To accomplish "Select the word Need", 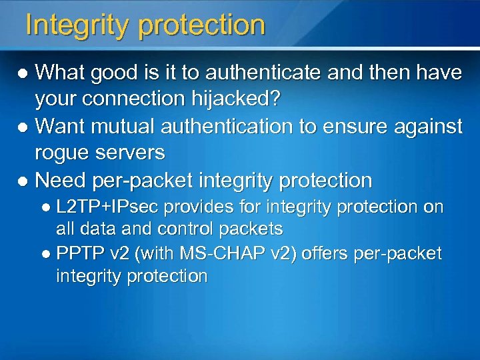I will coord(58,180).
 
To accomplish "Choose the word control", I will coord(191,229).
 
